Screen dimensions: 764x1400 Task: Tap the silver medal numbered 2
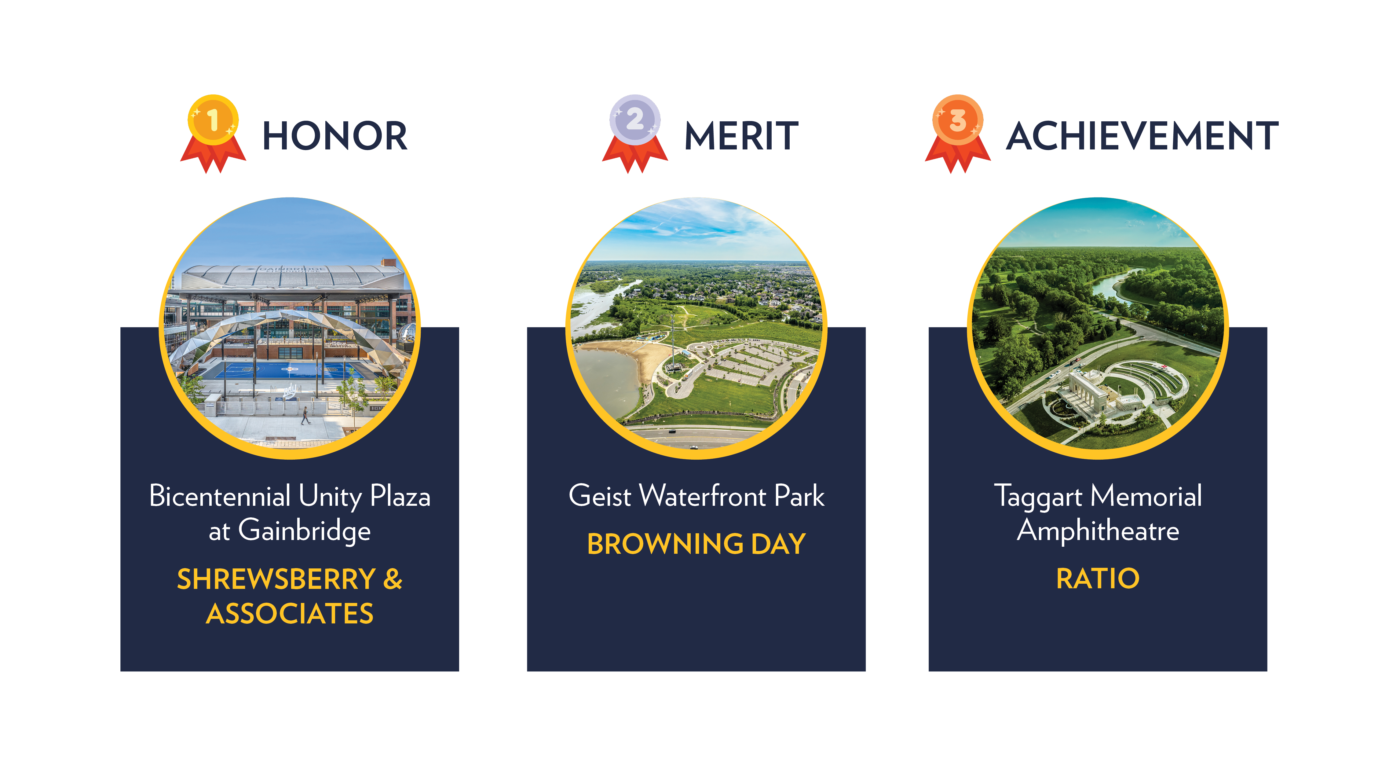[x=635, y=121]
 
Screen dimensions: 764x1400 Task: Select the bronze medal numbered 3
[x=958, y=121]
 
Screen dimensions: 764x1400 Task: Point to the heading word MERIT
[x=741, y=136]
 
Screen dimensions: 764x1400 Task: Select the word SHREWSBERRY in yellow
[x=276, y=579]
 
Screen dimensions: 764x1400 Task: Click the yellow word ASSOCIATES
[x=290, y=614]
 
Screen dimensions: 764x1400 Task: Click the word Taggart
[x=1038, y=497]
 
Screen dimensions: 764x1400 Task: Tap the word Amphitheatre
[x=1098, y=531]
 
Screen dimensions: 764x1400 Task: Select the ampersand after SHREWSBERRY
[x=393, y=579]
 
